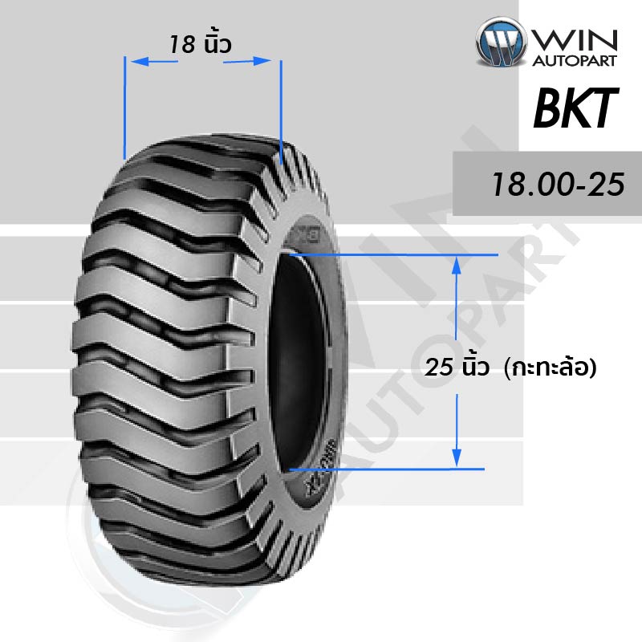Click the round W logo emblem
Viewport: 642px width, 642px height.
[x=501, y=42]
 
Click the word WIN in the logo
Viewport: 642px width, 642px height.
[x=575, y=40]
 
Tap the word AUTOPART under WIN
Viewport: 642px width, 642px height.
[x=575, y=61]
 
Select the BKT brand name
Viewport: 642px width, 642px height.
[x=575, y=108]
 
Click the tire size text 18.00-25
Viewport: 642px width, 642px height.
[x=558, y=185]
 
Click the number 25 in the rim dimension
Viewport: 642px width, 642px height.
[x=438, y=367]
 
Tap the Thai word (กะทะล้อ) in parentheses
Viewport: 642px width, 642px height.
[x=551, y=367]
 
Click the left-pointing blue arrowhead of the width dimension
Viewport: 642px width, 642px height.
[x=139, y=62]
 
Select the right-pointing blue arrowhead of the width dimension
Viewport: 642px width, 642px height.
[x=262, y=61]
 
